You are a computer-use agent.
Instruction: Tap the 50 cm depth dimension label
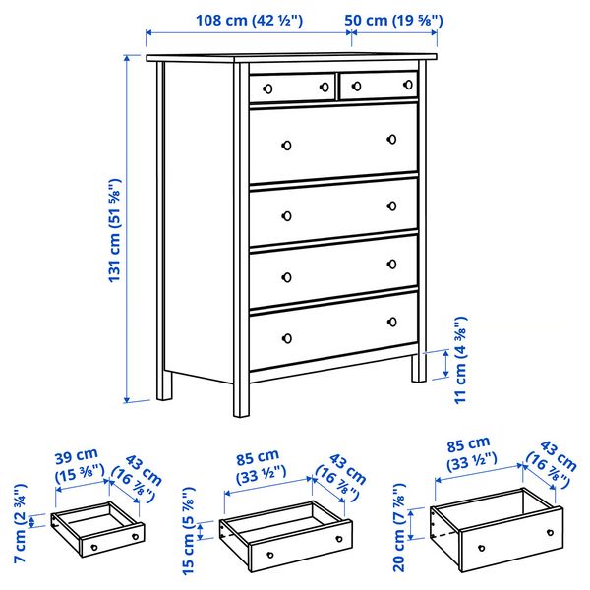[394, 20]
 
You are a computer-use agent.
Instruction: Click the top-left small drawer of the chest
[292, 87]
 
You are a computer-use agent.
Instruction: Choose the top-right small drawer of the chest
[378, 86]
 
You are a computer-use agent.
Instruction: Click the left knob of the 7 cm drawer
[94, 547]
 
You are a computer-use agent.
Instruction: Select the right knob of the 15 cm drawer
[338, 539]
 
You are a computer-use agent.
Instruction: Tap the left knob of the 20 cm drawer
[481, 548]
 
